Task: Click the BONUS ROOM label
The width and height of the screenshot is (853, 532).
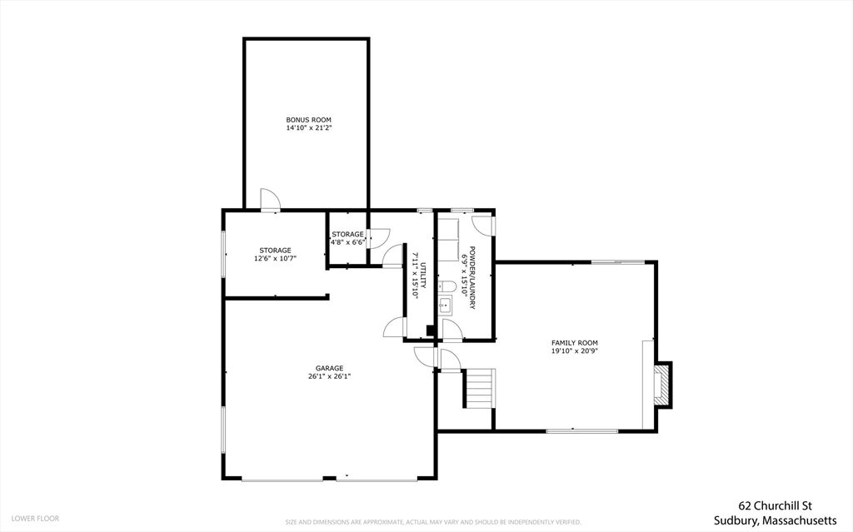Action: click(308, 120)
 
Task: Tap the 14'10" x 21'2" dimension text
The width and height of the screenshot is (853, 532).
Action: click(309, 128)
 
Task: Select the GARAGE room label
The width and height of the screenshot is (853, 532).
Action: click(330, 368)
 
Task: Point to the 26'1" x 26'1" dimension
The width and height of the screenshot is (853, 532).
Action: click(330, 375)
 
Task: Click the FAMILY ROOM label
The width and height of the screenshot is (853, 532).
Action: click(575, 343)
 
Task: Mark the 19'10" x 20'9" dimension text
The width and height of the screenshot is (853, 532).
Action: click(575, 351)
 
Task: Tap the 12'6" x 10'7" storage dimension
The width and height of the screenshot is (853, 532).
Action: click(275, 258)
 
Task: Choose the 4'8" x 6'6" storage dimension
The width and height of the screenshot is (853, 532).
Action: click(347, 242)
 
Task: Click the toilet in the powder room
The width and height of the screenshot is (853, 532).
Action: click(447, 286)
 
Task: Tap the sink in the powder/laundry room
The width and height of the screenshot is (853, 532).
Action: click(446, 306)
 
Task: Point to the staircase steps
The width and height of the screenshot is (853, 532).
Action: click(480, 388)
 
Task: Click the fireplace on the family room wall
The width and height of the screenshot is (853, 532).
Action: click(663, 384)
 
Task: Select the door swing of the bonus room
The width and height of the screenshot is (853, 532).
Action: click(271, 199)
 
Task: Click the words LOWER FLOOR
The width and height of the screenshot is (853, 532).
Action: click(35, 519)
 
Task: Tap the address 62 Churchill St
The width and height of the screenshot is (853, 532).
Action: click(775, 506)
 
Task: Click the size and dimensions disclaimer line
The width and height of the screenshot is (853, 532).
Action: click(433, 522)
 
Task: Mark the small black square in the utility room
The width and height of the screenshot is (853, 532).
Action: click(430, 331)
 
